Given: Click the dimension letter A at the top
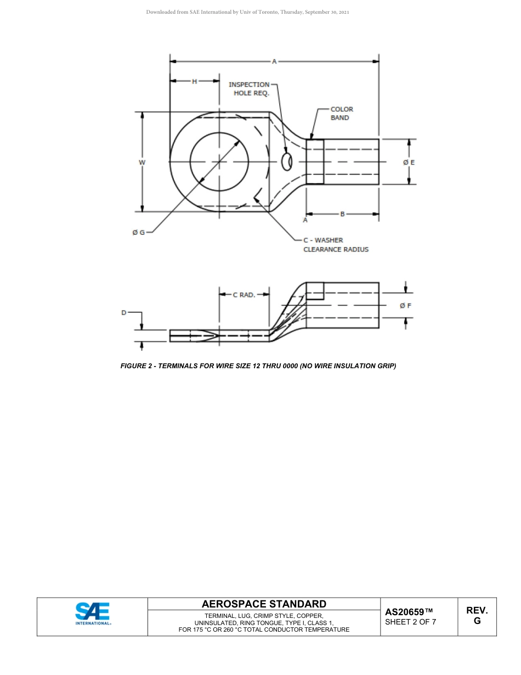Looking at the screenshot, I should pos(274,61).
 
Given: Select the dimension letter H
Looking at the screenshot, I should pos(194,81).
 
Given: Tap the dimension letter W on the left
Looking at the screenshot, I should pos(143,162).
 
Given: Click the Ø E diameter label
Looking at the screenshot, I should pos(409,162).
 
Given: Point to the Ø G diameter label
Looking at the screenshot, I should pos(139,232).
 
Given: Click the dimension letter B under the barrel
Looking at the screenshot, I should pos(342,214).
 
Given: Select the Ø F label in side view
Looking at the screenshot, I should pos(406,306).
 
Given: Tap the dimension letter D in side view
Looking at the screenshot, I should pos(124,313).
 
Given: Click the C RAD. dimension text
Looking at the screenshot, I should pos(244,295).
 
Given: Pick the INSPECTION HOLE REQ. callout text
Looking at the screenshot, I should pos(250,89).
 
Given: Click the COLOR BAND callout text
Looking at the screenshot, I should pos(341,114).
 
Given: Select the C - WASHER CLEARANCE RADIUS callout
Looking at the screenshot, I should pos(336,245).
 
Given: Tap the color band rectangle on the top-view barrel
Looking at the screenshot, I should pos(315,162).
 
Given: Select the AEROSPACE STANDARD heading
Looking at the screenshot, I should pos(264,604).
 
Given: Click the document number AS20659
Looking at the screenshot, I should pos(409,612).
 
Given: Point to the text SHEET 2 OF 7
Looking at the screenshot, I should pos(411,622).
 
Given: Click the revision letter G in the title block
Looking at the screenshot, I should pos(477,621).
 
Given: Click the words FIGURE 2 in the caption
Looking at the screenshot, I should pos(137,366).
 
